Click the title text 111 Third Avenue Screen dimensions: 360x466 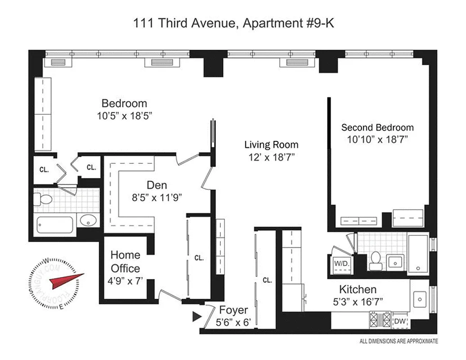tap(184, 23)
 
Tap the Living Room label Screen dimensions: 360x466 tap(271, 144)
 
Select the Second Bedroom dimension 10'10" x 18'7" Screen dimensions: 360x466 tap(377, 139)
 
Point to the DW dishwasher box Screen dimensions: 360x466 tap(400, 321)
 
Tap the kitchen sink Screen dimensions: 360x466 tap(420, 297)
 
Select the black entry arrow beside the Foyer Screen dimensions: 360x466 tap(197, 316)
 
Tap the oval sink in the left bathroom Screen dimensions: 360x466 tap(88, 221)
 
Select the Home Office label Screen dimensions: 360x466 tap(125, 261)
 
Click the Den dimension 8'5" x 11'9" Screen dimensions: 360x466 tap(157, 197)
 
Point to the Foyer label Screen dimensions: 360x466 tap(233, 310)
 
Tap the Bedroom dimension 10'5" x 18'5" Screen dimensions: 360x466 tap(124, 115)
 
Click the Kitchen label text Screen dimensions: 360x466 tap(358, 289)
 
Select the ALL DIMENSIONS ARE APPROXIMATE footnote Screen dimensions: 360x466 tap(399, 341)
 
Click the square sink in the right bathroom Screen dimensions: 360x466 tap(394, 260)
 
